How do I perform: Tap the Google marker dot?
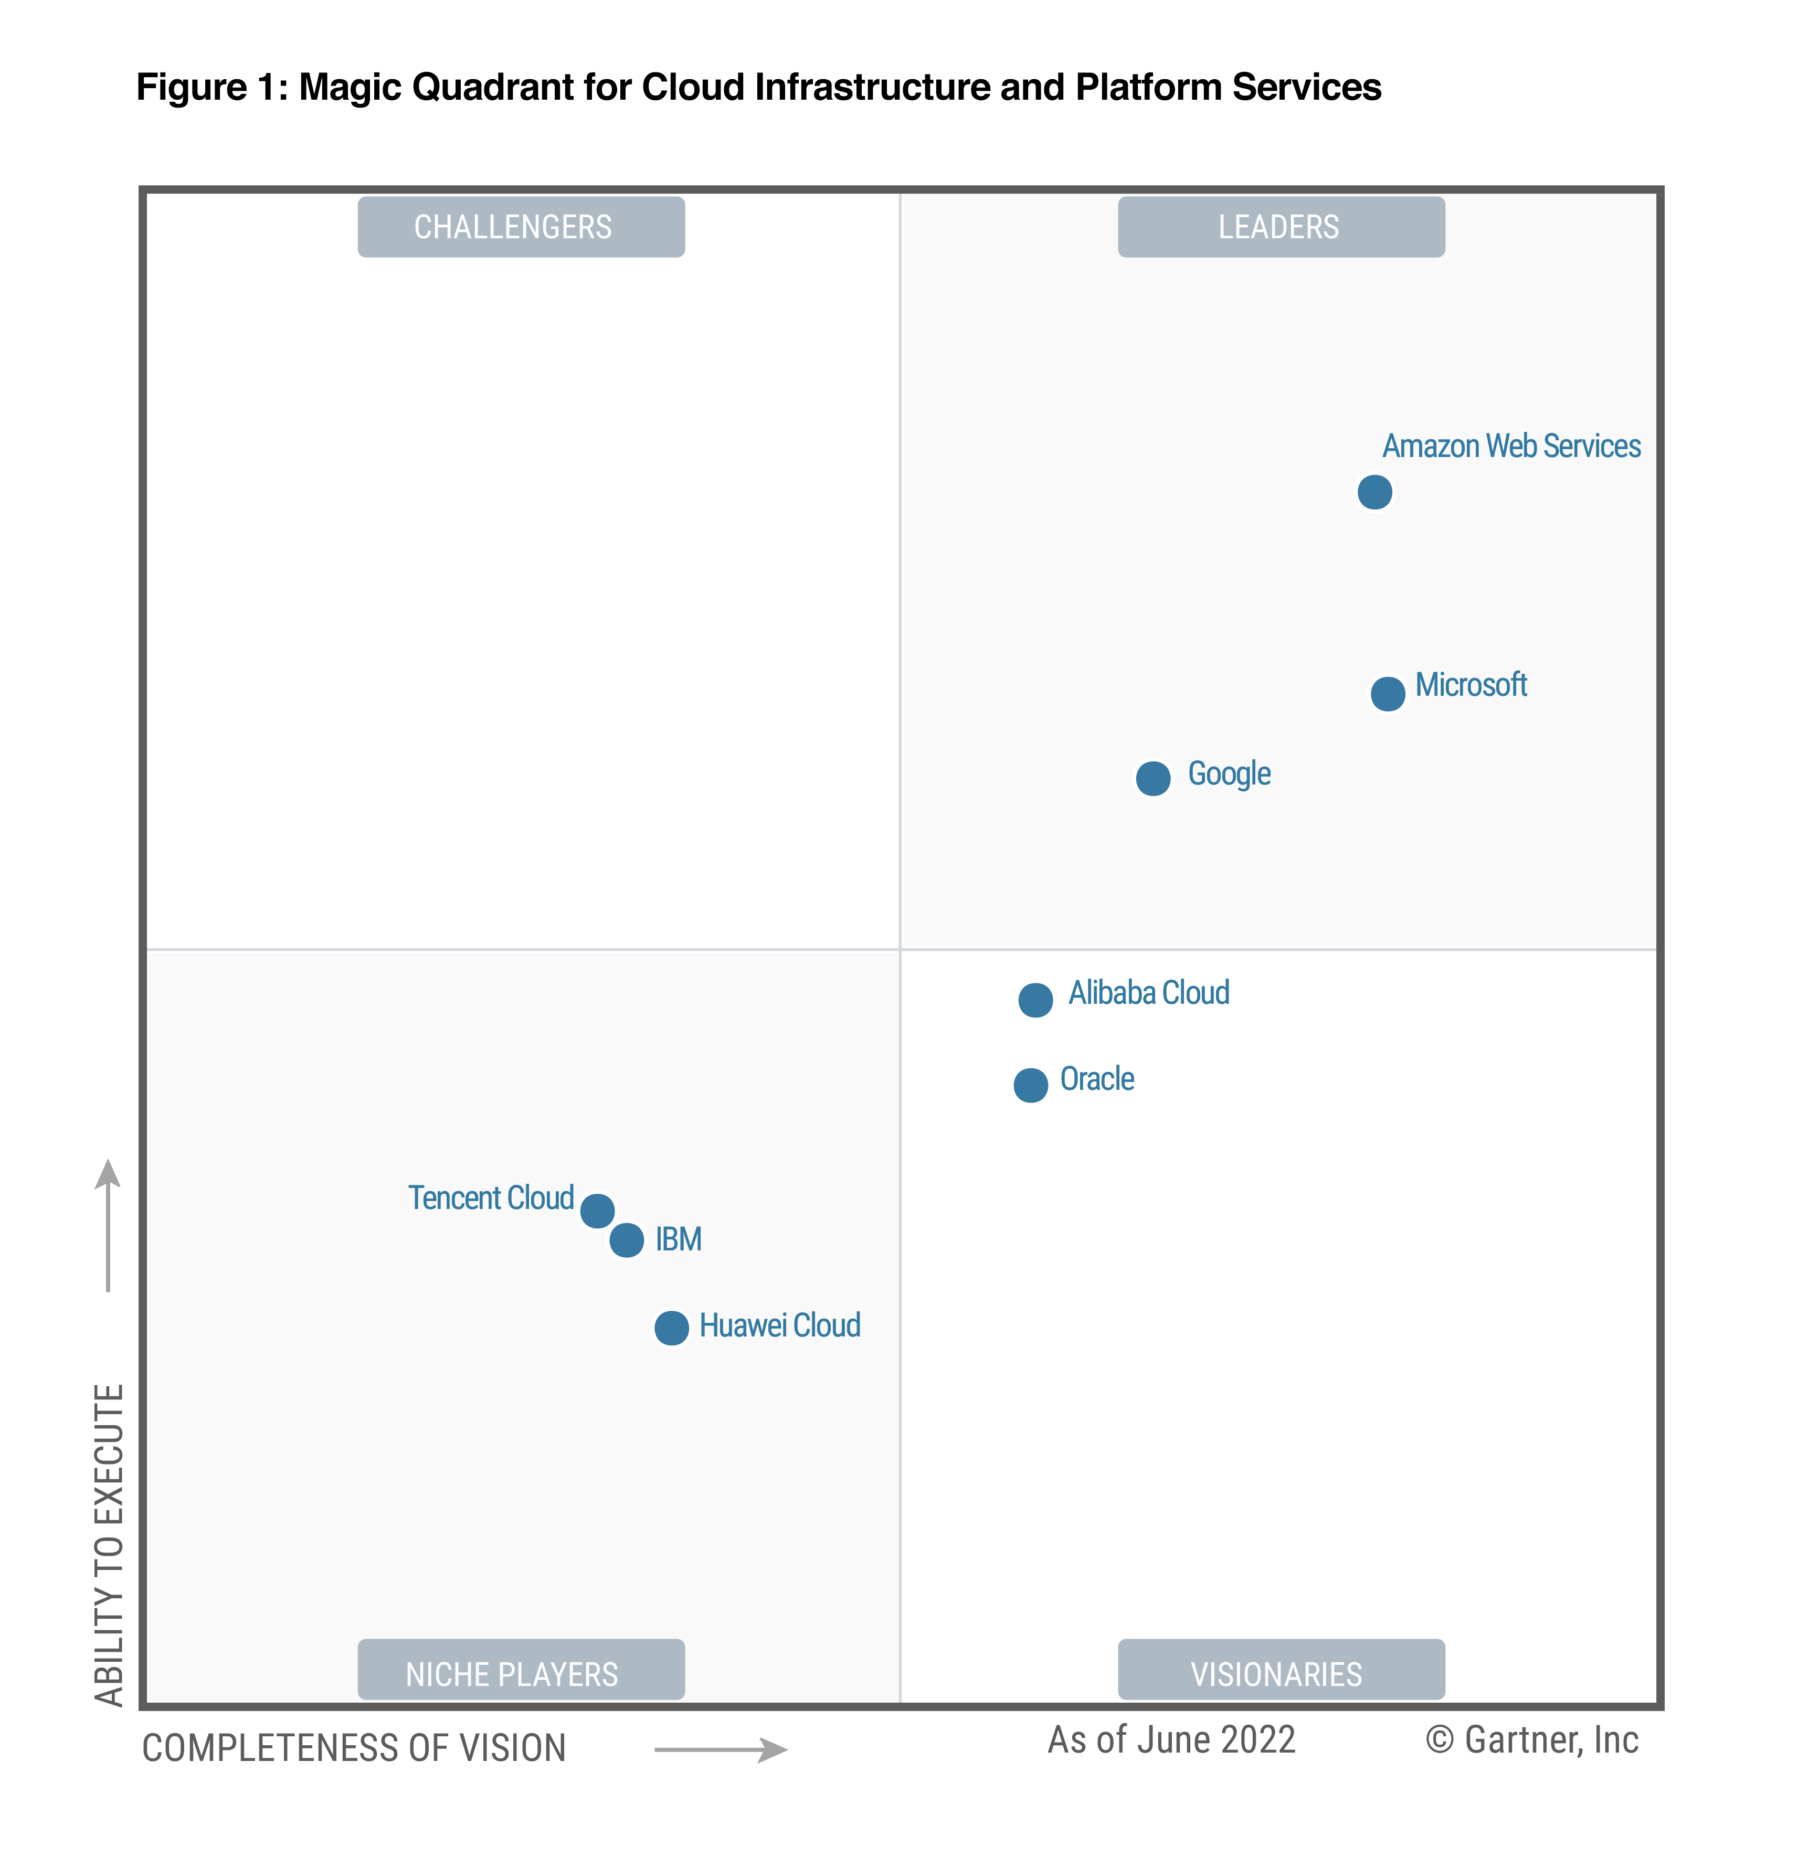tap(1152, 778)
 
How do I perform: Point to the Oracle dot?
tap(1030, 1085)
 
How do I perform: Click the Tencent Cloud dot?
tap(596, 1210)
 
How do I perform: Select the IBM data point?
tap(626, 1239)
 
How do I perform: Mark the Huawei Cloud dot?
tap(671, 1328)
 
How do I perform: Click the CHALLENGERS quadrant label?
tap(520, 227)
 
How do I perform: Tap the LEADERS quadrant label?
tap(1281, 227)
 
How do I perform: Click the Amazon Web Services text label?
tap(1511, 445)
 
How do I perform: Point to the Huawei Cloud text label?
tap(779, 1324)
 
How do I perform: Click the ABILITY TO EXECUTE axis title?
tap(109, 1544)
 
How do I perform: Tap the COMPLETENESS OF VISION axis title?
tap(354, 1748)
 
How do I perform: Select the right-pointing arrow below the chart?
tap(721, 1749)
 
